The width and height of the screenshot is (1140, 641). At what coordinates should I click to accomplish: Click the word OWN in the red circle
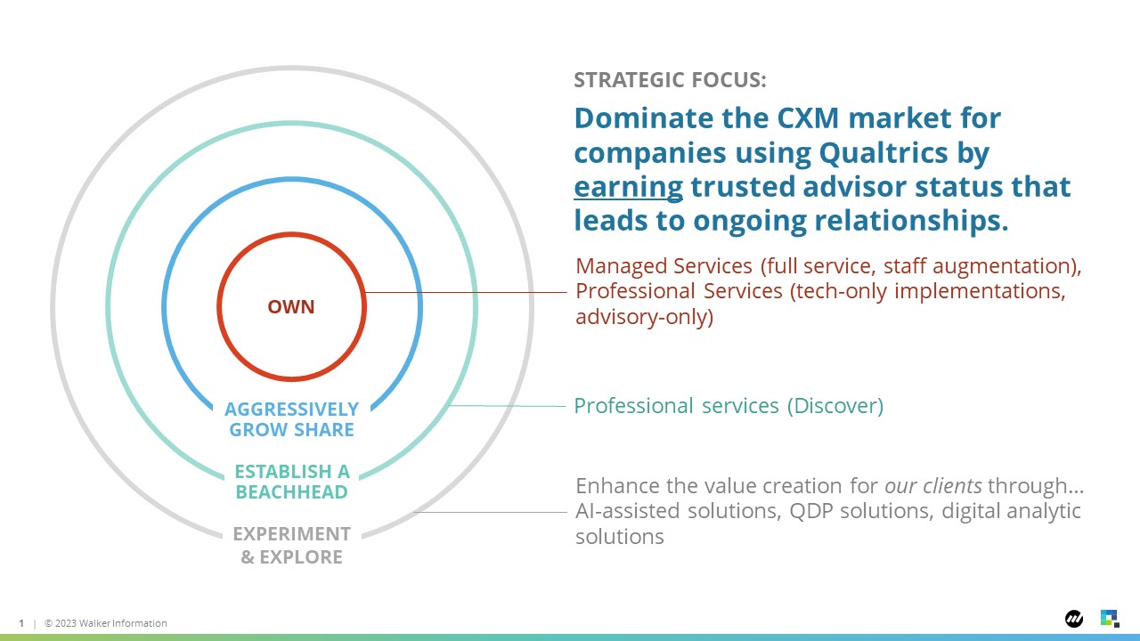(291, 307)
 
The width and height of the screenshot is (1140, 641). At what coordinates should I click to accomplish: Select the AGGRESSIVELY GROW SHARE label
(291, 419)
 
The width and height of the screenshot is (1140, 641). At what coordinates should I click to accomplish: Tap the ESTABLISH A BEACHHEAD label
(292, 482)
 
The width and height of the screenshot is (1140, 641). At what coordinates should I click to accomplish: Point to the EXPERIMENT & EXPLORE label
(291, 546)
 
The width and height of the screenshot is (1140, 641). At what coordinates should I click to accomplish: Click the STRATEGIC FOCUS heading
(670, 80)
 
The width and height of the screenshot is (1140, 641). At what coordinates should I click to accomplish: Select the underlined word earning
(628, 187)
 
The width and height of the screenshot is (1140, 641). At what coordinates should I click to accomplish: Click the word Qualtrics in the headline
(883, 152)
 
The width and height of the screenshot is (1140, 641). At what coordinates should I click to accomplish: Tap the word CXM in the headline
(808, 118)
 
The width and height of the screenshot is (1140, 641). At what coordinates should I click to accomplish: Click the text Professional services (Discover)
(729, 406)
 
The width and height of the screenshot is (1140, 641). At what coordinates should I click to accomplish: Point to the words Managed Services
(664, 266)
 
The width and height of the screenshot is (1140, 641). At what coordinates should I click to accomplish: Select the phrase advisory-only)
(644, 317)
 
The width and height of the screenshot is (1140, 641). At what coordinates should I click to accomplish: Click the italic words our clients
(932, 486)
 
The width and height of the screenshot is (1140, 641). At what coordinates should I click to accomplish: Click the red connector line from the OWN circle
(466, 293)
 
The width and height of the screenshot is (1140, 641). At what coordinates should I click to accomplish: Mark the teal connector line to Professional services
(507, 406)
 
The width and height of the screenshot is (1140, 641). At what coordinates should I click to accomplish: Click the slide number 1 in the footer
(21, 623)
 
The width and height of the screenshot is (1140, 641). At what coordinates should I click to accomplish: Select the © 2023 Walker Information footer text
(105, 623)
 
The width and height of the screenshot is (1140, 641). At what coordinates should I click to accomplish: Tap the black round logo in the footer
(1074, 619)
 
